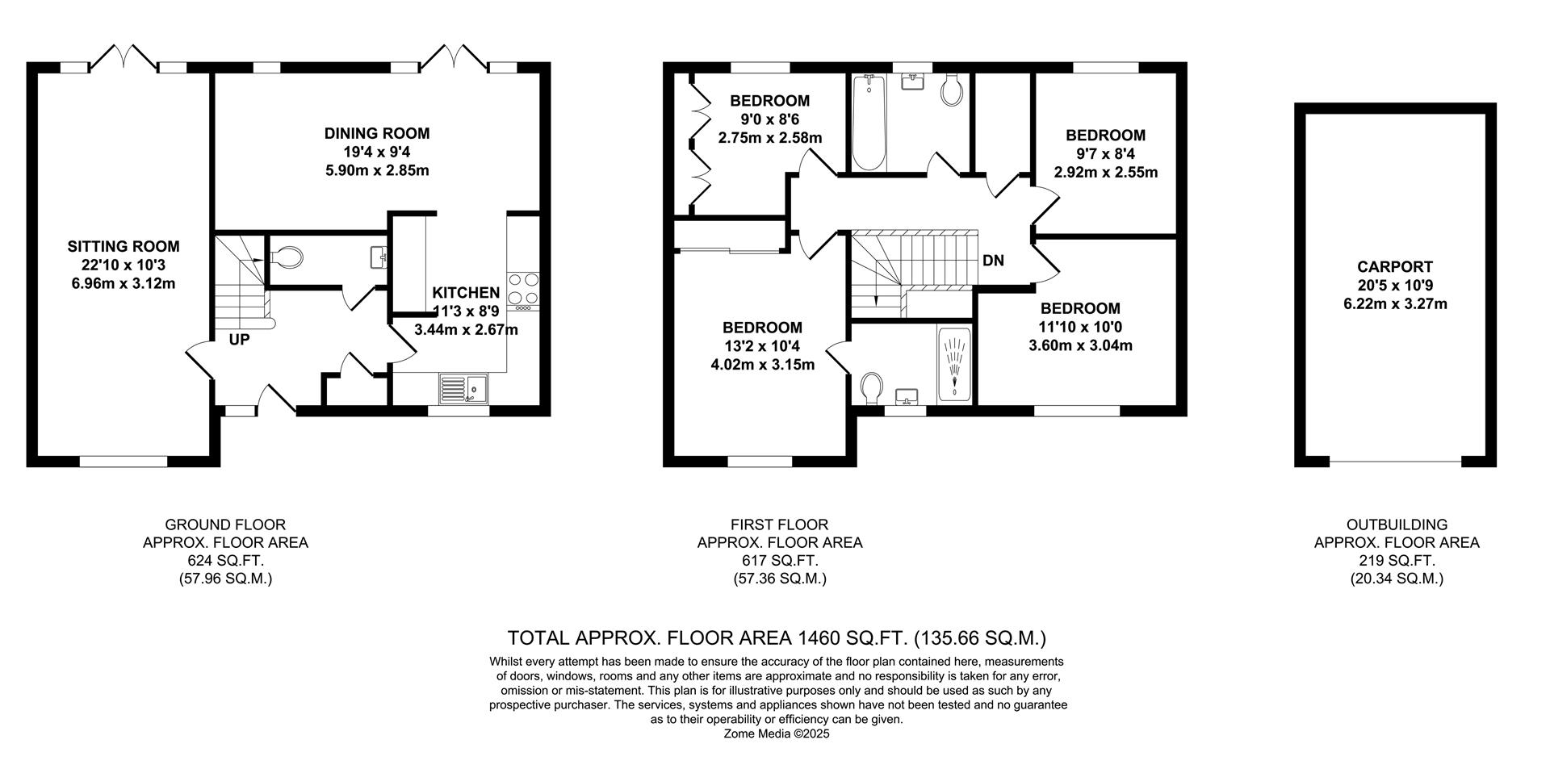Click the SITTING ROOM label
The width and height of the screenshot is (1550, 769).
tap(124, 247)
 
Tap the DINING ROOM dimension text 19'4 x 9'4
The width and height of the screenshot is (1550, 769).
tap(377, 152)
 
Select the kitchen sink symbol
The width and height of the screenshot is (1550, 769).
tap(463, 389)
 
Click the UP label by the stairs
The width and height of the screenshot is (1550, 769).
tap(239, 340)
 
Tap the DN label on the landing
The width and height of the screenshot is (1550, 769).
tap(993, 261)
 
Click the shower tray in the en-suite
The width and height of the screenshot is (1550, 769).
tap(955, 365)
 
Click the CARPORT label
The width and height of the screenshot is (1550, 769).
tap(1395, 266)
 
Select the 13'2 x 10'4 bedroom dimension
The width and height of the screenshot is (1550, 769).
tap(762, 346)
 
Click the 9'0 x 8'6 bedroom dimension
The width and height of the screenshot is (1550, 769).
tap(769, 119)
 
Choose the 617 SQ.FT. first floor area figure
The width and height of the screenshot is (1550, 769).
tap(780, 561)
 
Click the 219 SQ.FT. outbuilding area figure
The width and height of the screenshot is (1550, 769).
tap(1397, 561)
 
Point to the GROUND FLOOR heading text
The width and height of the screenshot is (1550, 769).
tap(225, 525)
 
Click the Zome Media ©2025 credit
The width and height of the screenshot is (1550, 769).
tap(777, 734)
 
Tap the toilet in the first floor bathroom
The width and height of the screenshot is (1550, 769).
tap(951, 90)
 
